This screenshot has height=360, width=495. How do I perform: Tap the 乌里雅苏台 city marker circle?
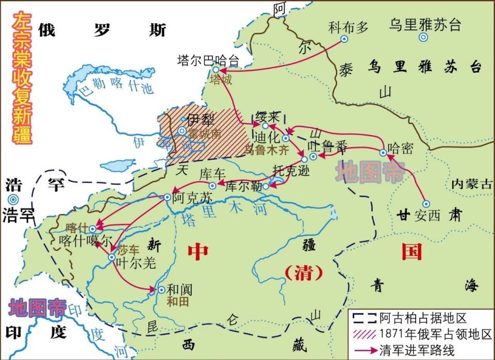click(423, 37)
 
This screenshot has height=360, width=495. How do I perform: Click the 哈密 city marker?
click(383, 153)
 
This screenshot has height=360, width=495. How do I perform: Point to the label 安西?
click(427, 216)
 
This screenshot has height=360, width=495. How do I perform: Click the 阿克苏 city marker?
click(167, 197)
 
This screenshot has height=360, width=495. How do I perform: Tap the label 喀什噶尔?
click(85, 241)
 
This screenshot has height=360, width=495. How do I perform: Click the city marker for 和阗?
click(161, 290)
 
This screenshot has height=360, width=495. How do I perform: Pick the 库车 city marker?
click(212, 185)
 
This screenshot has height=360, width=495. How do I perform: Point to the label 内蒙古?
click(471, 184)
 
